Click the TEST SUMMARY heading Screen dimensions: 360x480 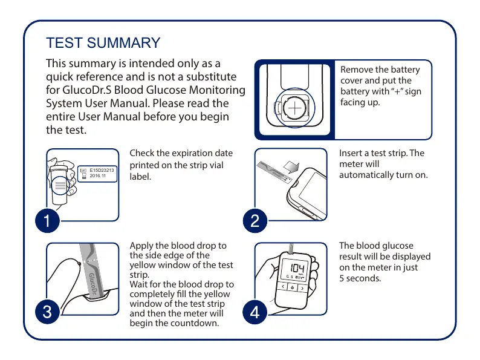[x=103, y=43]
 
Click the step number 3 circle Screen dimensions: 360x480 [x=45, y=313]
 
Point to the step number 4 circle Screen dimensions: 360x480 [x=255, y=313]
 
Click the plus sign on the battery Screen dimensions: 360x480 [x=294, y=108]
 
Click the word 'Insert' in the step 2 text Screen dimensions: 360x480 [x=351, y=153]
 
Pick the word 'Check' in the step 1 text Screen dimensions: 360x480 [x=143, y=153]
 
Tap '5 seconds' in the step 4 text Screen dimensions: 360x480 [x=360, y=278]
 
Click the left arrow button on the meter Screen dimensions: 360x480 [x=282, y=287]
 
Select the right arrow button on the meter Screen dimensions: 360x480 [x=302, y=287]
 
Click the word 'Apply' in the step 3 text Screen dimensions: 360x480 [x=141, y=246]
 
